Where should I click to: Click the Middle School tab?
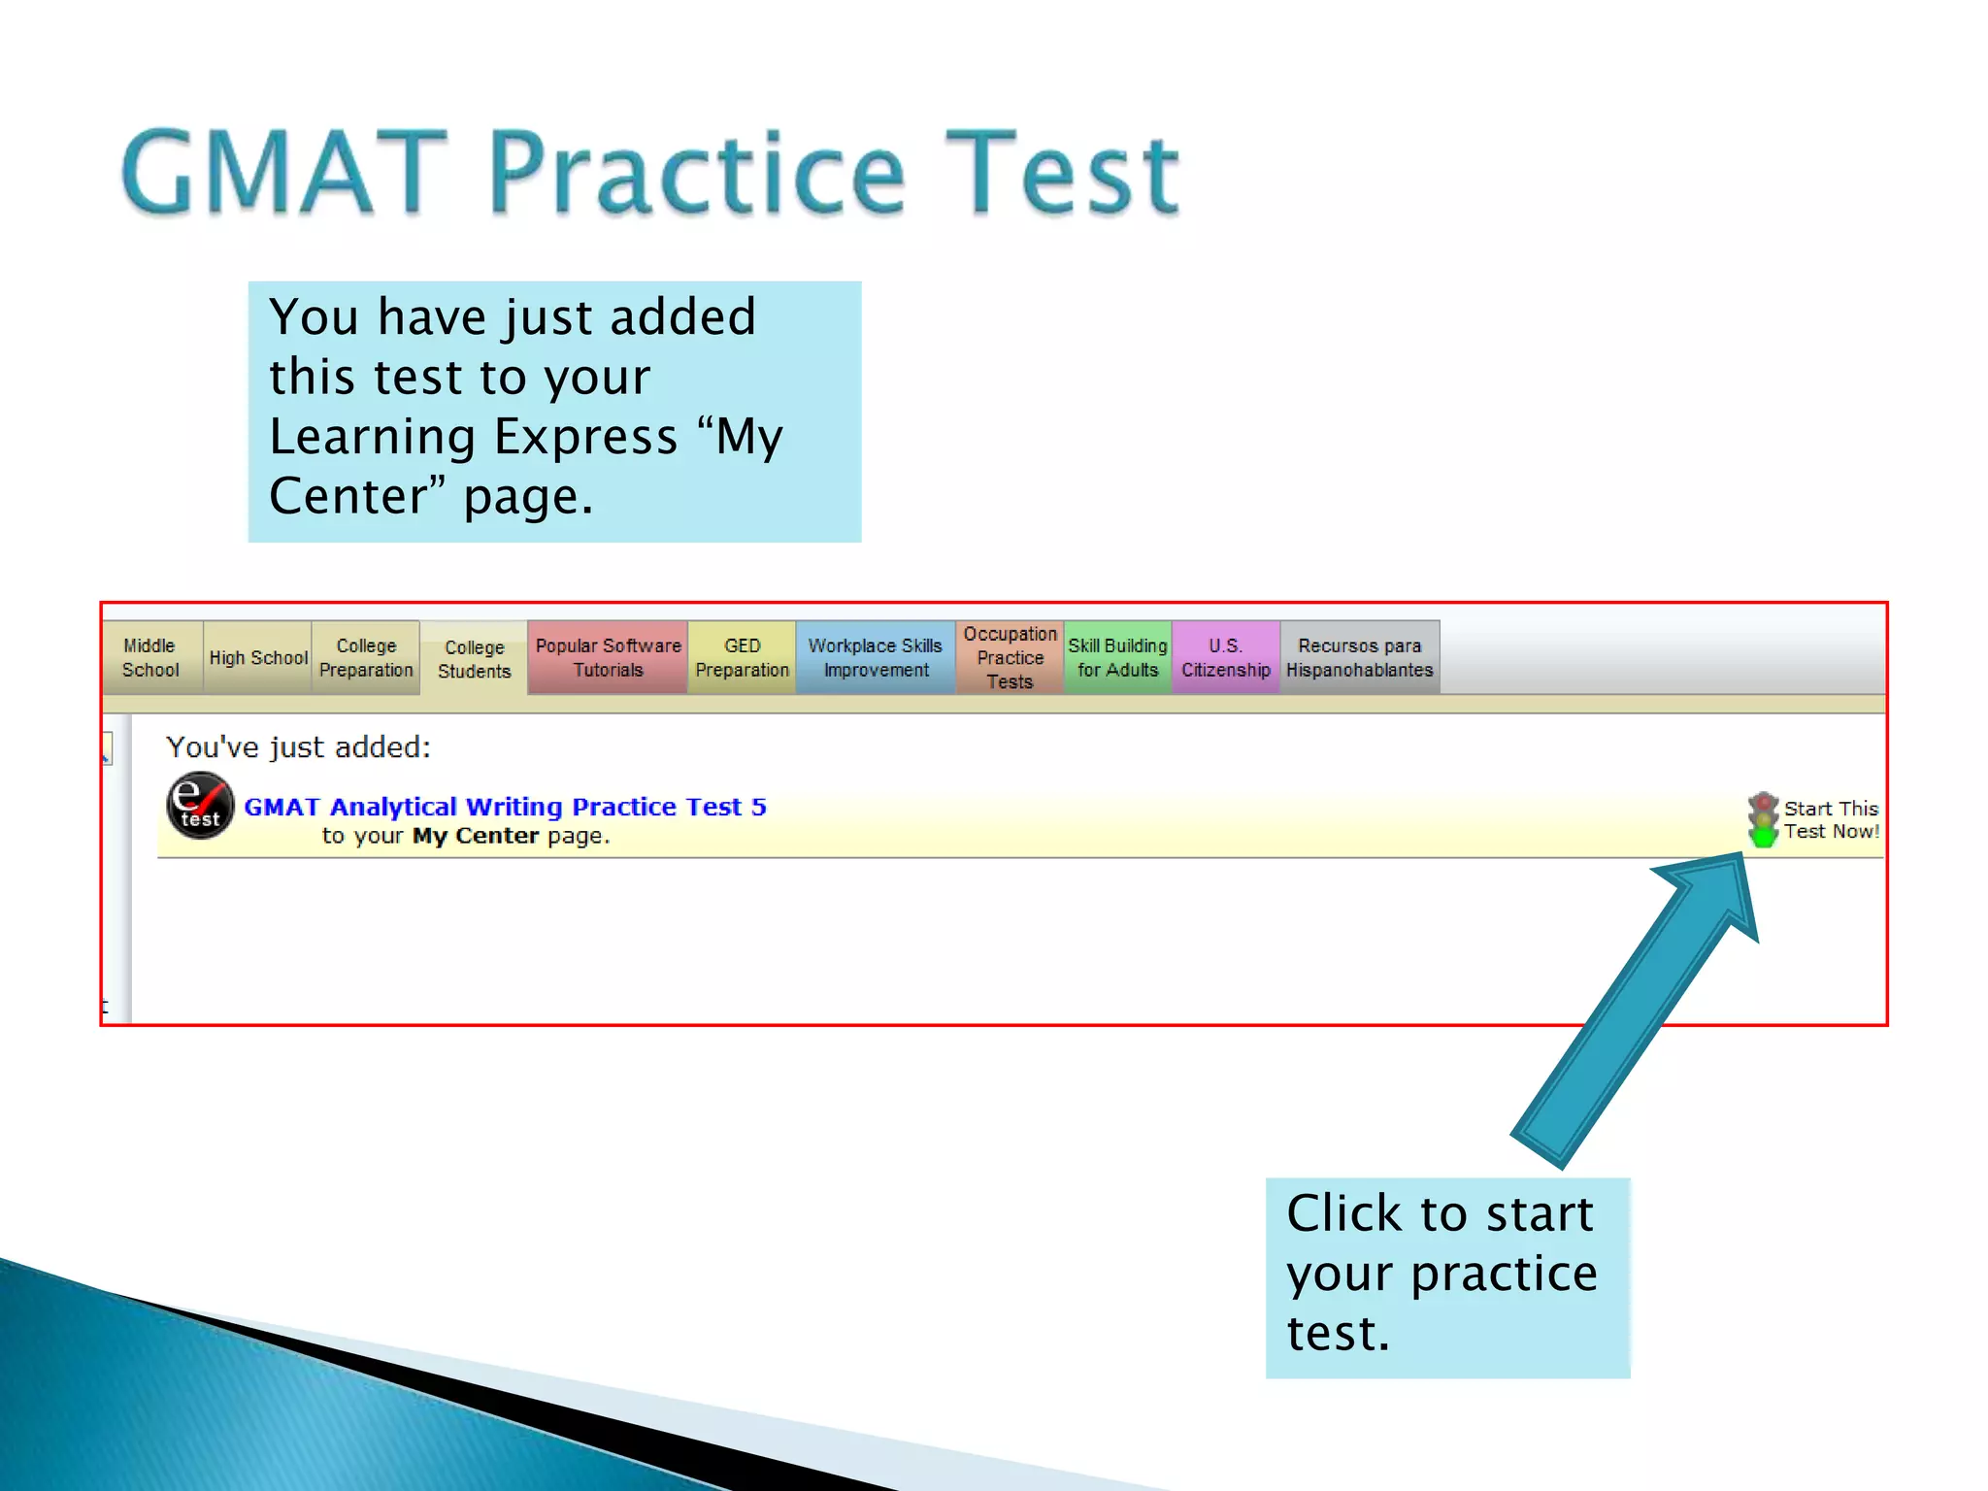tap(151, 657)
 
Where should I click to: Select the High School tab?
tap(257, 657)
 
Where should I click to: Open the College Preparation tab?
tap(366, 657)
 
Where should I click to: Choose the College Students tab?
tap(474, 659)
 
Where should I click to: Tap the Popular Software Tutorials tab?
tap(608, 657)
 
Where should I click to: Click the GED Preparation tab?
tap(742, 657)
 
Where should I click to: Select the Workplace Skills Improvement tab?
tap(875, 657)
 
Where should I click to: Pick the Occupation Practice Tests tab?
tap(1010, 657)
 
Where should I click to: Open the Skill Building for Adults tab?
tap(1117, 657)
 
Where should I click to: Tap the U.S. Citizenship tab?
tap(1225, 657)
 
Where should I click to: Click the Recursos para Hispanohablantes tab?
tap(1359, 657)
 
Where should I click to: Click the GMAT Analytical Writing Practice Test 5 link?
tap(505, 807)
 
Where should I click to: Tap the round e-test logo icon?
tap(200, 806)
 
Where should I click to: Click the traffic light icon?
tap(1763, 820)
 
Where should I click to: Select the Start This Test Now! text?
tap(1831, 820)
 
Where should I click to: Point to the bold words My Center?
tap(475, 836)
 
